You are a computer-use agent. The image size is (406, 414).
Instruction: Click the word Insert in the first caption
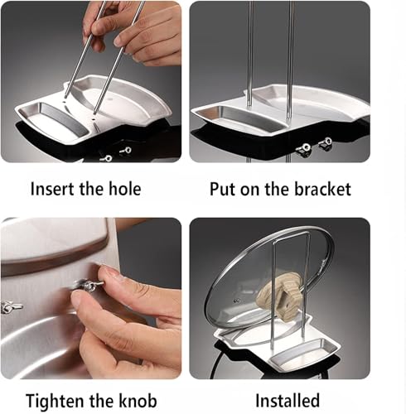coord(53,189)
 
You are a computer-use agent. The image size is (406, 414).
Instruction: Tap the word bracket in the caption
coord(322,190)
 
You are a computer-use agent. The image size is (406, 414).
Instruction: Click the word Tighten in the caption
coord(56,402)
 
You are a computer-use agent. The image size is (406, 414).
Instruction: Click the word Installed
coord(288,401)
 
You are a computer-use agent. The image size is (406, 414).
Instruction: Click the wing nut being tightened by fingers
coord(89,285)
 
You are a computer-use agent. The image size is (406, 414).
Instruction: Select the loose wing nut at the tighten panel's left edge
coord(11,307)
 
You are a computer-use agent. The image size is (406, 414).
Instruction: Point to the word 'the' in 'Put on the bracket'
coord(278,190)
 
